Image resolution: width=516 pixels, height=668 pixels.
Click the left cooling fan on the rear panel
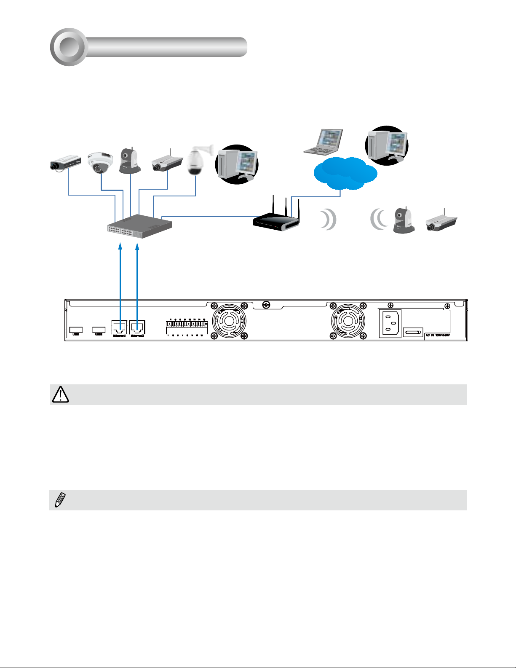(229, 321)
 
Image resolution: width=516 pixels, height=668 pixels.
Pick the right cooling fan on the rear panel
(348, 321)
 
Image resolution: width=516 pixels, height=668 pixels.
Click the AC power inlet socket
(390, 324)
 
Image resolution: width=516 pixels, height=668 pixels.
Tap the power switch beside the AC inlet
(413, 333)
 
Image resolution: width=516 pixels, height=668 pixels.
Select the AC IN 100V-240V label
(438, 335)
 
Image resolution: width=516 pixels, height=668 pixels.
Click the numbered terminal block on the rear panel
(187, 327)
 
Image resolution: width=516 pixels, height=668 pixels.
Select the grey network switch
(140, 226)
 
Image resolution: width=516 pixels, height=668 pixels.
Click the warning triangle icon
(60, 394)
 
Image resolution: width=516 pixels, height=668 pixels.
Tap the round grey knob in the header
(68, 47)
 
